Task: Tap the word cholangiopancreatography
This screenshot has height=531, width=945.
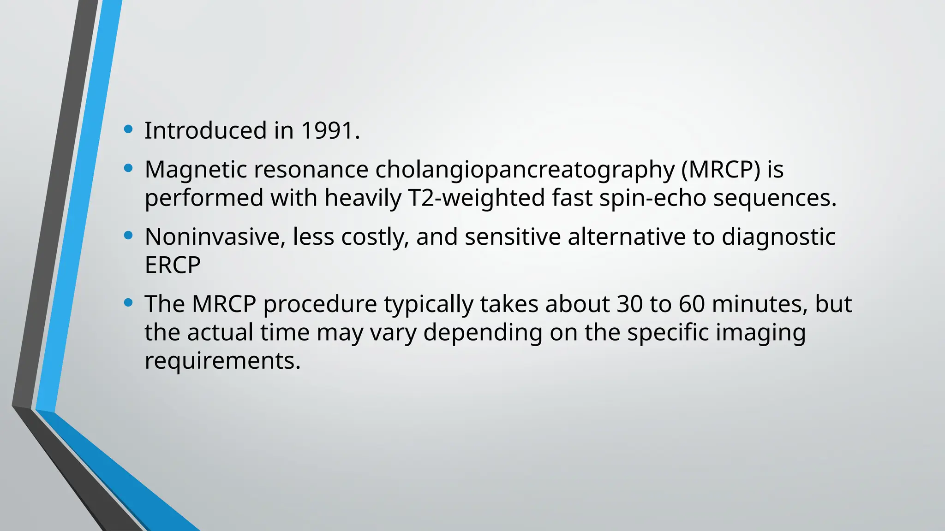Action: coord(525,170)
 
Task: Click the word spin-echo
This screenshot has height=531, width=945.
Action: coord(653,198)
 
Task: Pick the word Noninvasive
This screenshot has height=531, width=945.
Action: coord(215,237)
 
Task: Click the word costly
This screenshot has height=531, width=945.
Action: coord(375,237)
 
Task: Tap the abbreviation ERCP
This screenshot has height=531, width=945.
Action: coord(173,265)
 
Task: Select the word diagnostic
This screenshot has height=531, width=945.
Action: coord(778,237)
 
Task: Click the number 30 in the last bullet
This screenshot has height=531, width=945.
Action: coord(629,304)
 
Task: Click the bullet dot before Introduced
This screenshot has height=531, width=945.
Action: coord(129,130)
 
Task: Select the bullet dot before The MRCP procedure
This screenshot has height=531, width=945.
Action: coord(129,303)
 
